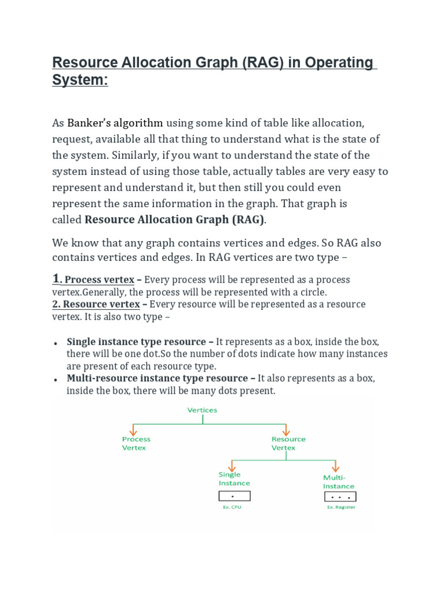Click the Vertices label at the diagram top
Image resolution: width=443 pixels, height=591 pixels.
[x=202, y=410]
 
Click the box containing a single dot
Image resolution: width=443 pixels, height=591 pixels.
[x=234, y=496]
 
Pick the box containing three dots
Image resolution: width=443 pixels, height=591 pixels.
[x=340, y=496]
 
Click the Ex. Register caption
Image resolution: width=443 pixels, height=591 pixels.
[x=341, y=507]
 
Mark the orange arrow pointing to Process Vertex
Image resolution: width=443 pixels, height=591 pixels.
[x=133, y=430]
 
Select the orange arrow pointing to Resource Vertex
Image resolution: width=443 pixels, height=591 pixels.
[x=285, y=430]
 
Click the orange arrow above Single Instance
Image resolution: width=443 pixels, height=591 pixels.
[x=231, y=465]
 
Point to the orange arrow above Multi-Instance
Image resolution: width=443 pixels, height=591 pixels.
[x=335, y=466]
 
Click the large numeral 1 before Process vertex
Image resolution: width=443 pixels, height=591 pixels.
[x=56, y=279]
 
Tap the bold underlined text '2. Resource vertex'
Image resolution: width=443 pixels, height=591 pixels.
[x=96, y=304]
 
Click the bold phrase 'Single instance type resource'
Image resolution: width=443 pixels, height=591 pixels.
[x=136, y=342]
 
